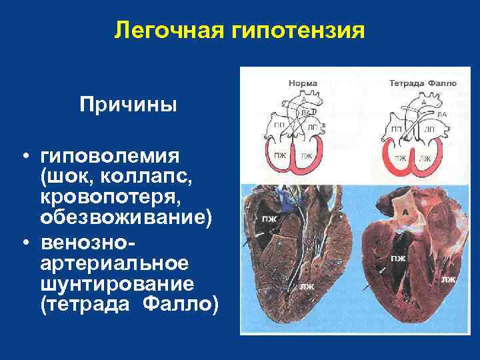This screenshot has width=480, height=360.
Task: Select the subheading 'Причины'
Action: (x=128, y=105)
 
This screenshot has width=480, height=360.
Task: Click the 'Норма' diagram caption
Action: (x=303, y=83)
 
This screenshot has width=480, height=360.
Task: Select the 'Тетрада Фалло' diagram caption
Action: (x=423, y=83)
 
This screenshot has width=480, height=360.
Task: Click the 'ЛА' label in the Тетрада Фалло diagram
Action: (x=441, y=114)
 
